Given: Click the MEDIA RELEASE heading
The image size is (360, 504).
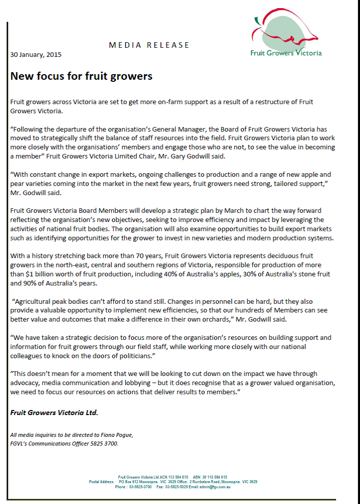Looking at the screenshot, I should [x=149, y=45].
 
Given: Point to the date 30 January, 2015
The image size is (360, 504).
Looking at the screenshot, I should [x=36, y=55].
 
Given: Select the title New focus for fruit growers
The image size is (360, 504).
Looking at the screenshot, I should [x=81, y=76].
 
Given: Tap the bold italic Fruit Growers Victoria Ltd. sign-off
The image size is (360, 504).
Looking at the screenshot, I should [x=54, y=413].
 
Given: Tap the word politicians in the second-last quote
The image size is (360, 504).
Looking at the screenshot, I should [x=132, y=356].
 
